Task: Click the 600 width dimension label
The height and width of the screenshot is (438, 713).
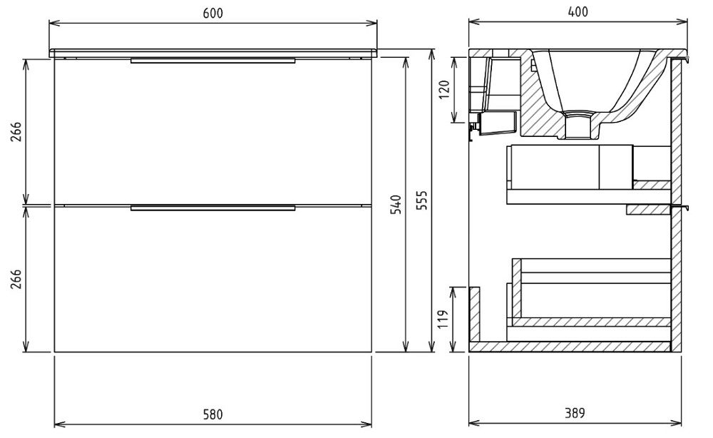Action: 212,13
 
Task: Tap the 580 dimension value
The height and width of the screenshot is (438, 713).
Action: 212,414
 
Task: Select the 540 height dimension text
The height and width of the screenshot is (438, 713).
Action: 396,205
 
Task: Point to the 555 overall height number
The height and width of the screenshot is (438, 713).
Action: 422,200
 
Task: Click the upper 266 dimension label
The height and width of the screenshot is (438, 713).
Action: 16,131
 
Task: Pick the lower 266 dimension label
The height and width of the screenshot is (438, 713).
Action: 16,279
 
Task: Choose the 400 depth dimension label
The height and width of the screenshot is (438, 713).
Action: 578,12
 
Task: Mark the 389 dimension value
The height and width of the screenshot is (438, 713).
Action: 575,413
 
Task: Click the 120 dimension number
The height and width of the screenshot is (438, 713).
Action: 444,90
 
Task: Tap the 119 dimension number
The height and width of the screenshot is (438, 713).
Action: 443,320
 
